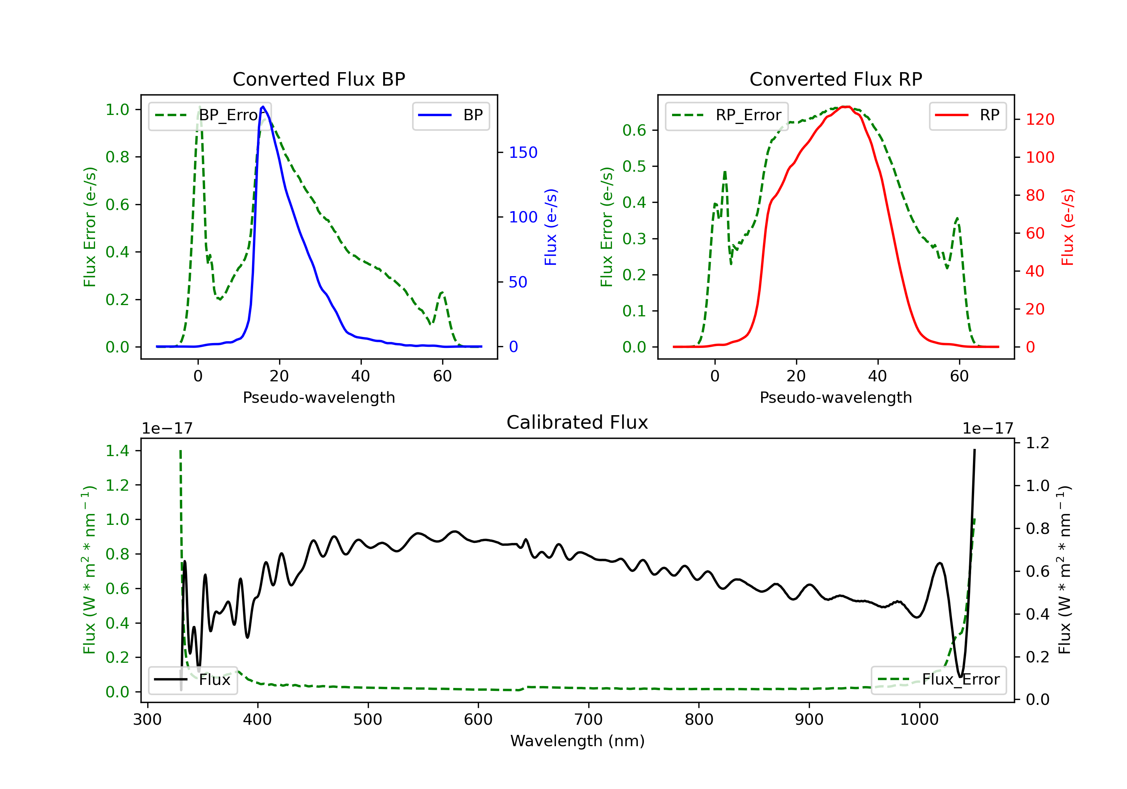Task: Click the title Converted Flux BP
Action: tap(319, 79)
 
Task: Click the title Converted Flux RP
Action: tap(836, 79)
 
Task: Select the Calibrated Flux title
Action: tap(577, 422)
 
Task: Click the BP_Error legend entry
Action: tap(210, 115)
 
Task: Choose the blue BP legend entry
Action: tap(450, 115)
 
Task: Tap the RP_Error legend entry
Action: tap(727, 115)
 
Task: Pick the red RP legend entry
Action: tap(967, 115)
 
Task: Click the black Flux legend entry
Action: tap(192, 680)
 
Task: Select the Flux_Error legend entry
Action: tap(938, 680)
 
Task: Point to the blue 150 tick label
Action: tap(523, 152)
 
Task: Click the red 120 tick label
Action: tap(1040, 119)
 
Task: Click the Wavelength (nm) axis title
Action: tap(578, 741)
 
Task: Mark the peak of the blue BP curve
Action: tap(263, 107)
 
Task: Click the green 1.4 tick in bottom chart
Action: tap(117, 451)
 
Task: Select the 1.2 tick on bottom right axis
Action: tap(1038, 443)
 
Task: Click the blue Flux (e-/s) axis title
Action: tap(551, 227)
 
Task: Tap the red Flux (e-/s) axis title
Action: tap(1068, 227)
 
